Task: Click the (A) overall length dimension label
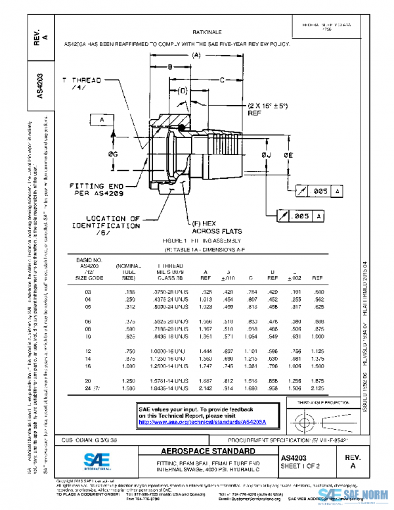[x=196, y=56]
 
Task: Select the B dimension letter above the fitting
[x=169, y=67]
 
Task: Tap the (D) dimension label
[x=183, y=90]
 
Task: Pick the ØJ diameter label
[x=267, y=154]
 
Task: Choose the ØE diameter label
[x=288, y=154]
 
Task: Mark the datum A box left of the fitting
[x=102, y=120]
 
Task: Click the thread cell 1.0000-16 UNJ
[x=167, y=351]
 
